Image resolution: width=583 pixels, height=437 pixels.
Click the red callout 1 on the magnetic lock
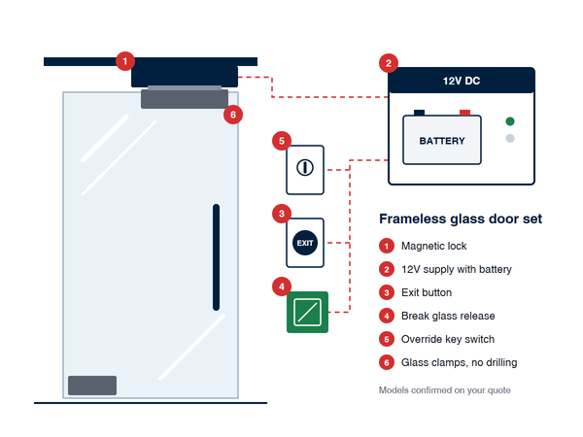125,61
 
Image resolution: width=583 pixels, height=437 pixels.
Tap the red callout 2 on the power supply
389,63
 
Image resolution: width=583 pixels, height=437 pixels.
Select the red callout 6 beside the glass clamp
233,115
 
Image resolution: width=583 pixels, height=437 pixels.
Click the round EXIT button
305,243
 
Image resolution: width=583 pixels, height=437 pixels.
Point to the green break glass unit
307,312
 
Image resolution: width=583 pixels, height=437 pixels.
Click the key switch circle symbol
305,168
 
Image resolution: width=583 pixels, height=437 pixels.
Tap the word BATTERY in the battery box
442,141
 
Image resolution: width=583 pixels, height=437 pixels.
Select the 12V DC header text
462,81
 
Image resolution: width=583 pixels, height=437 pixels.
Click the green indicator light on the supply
510,121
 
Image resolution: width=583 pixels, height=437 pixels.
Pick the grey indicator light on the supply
510,138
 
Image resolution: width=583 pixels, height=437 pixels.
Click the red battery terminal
464,113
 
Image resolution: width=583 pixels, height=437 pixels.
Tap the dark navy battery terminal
419,113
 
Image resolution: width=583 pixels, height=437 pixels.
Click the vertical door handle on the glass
216,257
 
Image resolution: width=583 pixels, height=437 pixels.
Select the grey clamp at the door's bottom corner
92,386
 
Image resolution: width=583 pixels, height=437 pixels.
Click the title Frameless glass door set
461,218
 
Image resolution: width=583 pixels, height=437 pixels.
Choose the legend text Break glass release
448,316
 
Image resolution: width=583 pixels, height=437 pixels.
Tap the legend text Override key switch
448,339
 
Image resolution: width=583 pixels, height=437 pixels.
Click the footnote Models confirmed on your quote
445,390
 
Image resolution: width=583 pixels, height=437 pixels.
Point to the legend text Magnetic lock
434,246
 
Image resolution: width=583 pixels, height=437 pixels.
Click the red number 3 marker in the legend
387,293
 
